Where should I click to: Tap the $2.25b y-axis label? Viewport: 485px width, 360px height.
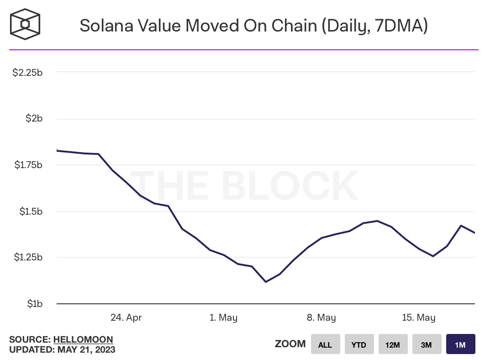(27, 72)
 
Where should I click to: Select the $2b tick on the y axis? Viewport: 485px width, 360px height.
(33, 119)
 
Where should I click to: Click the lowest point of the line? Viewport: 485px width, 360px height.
(266, 282)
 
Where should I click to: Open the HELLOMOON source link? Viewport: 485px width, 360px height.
(83, 339)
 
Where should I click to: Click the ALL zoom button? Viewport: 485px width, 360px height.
(325, 344)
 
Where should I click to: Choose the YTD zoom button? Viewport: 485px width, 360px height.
(359, 344)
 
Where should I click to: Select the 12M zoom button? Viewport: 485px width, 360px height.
(393, 344)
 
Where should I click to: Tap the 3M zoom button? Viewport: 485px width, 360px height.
(427, 344)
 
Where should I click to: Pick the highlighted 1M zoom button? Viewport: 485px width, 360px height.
(460, 344)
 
